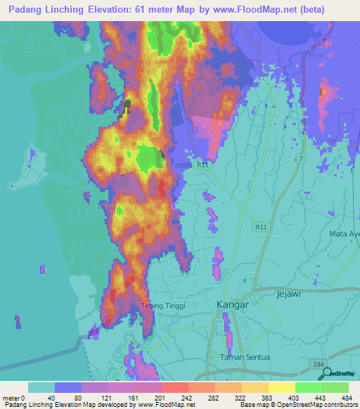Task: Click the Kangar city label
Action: [233, 304]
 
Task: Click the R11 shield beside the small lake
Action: [202, 164]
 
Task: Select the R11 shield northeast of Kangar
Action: [262, 228]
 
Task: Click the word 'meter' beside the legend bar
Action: [13, 398]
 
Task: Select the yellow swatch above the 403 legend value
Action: [282, 387]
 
